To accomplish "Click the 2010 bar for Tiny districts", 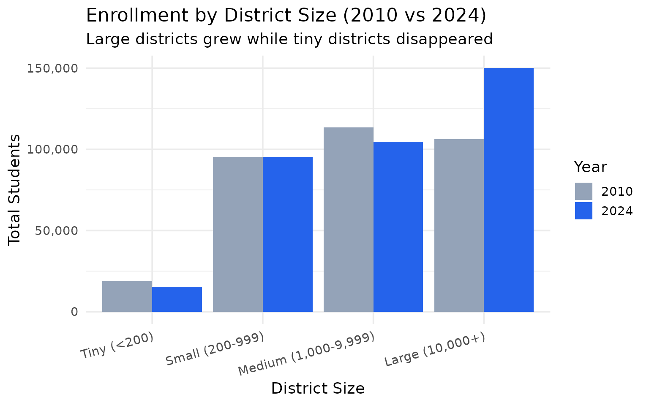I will tap(127, 296).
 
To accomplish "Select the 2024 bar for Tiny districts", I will tap(177, 299).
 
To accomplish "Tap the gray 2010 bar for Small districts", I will tap(238, 234).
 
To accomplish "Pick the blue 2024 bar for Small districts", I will tap(288, 234).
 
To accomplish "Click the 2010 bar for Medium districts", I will tap(349, 219).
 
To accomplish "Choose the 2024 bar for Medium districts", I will tap(398, 227).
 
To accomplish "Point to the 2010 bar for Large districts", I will tap(459, 225).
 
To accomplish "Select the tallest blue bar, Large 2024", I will tap(509, 190).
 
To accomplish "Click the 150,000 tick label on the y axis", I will tap(53, 68).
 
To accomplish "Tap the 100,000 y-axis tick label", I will tap(53, 149).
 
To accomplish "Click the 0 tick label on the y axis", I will tap(74, 312).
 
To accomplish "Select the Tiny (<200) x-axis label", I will tap(117, 346).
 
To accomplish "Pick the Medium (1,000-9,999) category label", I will tap(306, 354).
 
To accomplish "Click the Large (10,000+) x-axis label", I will tap(435, 350).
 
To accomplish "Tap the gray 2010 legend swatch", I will tap(584, 191).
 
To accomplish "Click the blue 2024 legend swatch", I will tap(584, 211).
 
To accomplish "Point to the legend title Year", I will tap(590, 167).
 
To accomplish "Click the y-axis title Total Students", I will tap(15, 190).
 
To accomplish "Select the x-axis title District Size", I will tap(318, 389).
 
